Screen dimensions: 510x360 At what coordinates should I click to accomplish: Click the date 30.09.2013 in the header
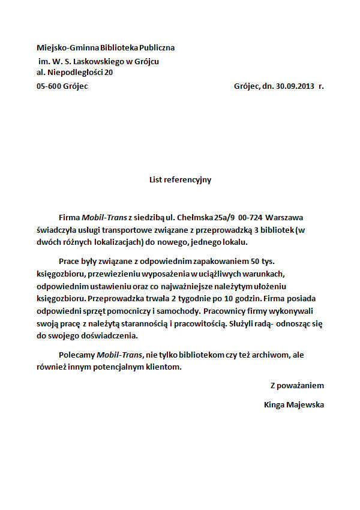295,86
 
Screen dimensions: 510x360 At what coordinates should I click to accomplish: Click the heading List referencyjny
180,179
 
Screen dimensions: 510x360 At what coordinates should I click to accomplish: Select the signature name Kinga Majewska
294,404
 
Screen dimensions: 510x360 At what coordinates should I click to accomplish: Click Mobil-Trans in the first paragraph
101,216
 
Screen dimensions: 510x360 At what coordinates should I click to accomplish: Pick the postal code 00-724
250,216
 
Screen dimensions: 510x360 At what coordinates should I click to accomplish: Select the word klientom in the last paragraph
162,367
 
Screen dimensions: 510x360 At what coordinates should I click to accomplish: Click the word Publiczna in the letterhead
157,47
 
